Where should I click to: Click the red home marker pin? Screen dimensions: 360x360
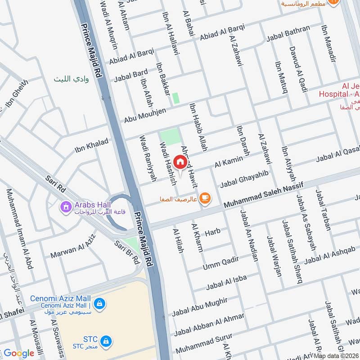180,162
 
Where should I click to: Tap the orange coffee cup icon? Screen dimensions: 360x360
205,198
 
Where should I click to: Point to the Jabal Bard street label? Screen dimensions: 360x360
131,75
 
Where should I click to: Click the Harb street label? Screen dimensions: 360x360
212,233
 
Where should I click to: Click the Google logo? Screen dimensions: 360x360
19,354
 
